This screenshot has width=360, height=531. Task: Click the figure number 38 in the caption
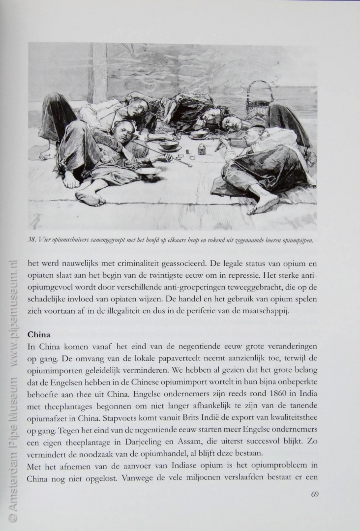pyautogui.click(x=32, y=241)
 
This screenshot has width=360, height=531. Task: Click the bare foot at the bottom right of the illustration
pyautogui.click(x=266, y=201)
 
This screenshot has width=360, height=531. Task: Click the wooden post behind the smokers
pyautogui.click(x=99, y=71)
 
